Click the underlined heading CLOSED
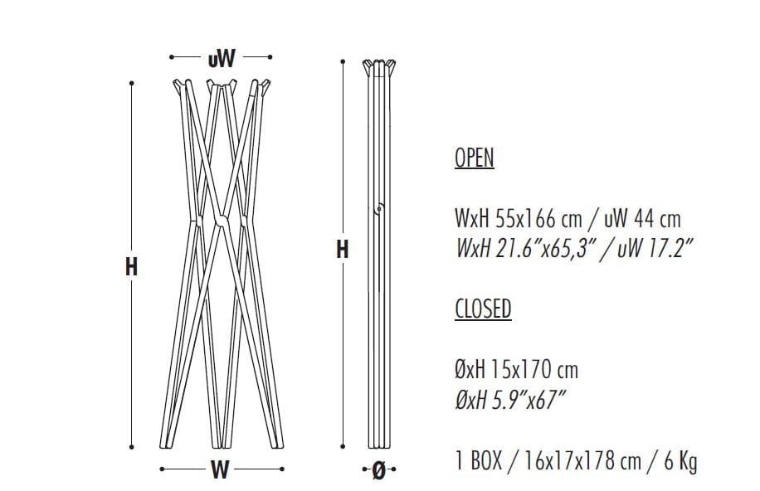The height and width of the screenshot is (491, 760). tap(483, 309)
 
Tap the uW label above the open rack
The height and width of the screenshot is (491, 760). tap(221, 58)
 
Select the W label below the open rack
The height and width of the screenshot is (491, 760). tap(220, 469)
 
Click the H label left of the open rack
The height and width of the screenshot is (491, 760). tap(131, 267)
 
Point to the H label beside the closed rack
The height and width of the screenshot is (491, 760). tap(342, 249)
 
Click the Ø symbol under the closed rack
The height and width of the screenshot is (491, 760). tap(379, 470)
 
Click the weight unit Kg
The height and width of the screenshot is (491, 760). tap(687, 460)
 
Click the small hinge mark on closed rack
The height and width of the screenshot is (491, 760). tap(378, 209)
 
